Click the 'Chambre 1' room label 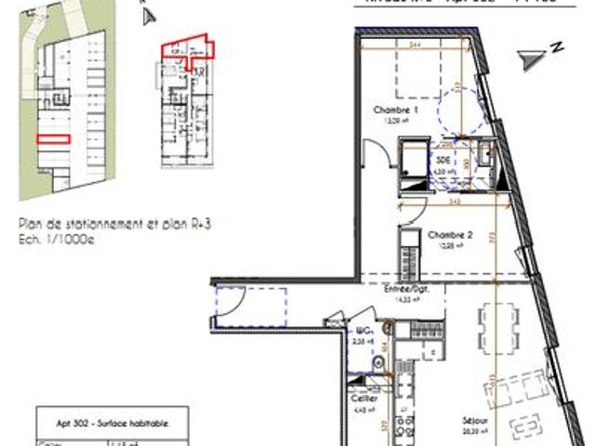[x=390, y=111]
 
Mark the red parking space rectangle [x=54, y=138]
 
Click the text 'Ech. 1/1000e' [x=57, y=238]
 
